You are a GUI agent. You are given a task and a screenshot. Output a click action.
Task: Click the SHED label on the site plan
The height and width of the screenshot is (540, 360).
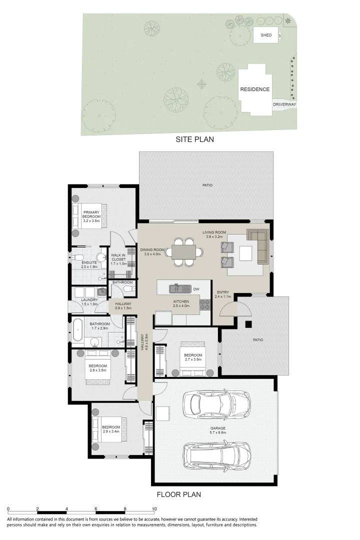coord(266,35)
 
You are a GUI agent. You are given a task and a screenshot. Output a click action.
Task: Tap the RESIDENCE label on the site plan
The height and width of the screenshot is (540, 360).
coord(254,89)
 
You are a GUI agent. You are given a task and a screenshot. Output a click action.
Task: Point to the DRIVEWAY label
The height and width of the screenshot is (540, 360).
coord(284,104)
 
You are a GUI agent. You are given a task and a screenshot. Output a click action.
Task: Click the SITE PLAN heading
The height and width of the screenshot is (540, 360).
coord(194,139)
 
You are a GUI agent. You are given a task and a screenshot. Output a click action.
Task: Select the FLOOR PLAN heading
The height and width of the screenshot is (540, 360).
coord(179,495)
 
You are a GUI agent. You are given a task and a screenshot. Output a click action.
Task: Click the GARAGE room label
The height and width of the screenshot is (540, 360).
coord(218,428)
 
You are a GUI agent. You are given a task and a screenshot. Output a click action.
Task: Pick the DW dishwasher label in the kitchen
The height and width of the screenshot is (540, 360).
coord(196,288)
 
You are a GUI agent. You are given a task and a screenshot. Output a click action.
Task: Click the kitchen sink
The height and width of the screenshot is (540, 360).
coord(177,288)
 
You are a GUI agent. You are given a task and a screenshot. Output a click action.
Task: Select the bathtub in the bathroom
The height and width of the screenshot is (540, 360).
coord(79,330)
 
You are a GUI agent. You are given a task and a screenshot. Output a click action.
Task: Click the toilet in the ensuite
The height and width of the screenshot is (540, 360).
coord(75,258)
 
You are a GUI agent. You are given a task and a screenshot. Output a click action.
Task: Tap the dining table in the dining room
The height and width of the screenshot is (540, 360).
coord(183,251)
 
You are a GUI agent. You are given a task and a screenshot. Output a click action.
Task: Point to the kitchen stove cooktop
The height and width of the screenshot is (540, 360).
coord(205,304)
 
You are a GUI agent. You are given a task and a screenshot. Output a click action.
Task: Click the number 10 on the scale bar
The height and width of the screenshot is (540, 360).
coord(154,509)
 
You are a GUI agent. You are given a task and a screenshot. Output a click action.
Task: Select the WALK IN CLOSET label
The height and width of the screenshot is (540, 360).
coord(118,257)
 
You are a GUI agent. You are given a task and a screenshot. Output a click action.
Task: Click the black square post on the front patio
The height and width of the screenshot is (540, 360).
coord(248,324)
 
